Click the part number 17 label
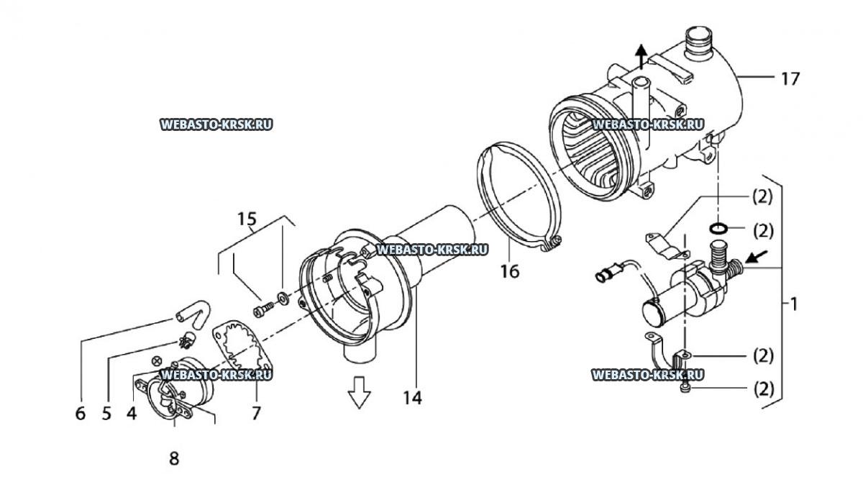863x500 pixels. (790, 79)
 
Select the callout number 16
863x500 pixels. (510, 271)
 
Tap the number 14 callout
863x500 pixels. (412, 397)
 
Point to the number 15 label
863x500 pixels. (247, 219)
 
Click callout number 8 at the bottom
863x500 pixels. (174, 459)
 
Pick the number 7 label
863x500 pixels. (256, 413)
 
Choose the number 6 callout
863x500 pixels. (80, 414)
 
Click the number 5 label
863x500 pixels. (106, 414)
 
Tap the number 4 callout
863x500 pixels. (132, 414)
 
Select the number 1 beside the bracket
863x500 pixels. (793, 304)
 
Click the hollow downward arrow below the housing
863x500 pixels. (359, 392)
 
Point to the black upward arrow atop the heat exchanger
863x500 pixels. (641, 56)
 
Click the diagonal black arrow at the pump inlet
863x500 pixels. (757, 257)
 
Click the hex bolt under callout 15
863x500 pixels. (264, 309)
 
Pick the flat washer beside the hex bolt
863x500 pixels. (283, 298)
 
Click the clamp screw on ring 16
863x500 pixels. (555, 241)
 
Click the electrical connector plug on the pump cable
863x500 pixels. (608, 272)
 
